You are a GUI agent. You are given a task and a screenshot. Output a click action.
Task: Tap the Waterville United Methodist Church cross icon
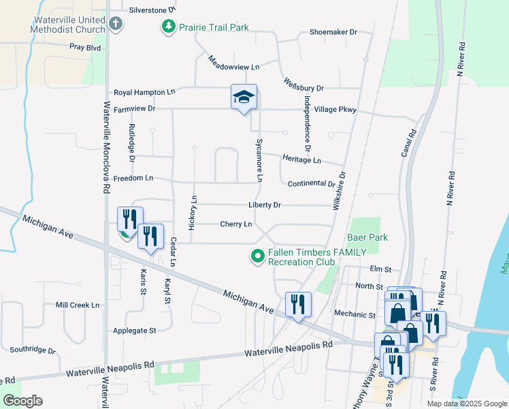(116, 25)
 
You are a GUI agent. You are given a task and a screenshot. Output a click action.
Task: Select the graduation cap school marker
(243, 97)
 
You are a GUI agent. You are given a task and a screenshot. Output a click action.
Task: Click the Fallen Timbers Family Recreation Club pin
(257, 256)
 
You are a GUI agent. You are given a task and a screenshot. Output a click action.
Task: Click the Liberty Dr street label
(265, 205)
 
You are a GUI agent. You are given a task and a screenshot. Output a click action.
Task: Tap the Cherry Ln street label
(235, 224)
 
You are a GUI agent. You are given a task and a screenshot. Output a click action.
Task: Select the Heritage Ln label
(303, 160)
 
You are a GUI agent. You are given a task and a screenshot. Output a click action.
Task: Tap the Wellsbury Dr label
(303, 88)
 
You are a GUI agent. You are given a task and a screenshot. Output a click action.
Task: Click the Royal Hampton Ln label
(144, 92)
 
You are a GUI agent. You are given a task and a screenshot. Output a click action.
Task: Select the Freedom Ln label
(133, 178)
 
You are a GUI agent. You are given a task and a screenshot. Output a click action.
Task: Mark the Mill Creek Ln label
(78, 305)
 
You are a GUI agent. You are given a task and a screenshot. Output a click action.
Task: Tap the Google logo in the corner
(23, 401)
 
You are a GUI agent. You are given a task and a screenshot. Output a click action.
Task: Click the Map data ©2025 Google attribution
(466, 404)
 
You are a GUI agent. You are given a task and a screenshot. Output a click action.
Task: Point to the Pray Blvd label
(85, 48)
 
